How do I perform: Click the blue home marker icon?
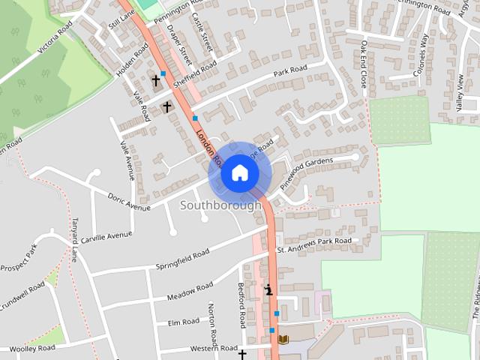[239, 173]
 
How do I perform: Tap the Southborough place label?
[221, 205]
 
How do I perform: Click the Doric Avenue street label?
[129, 202]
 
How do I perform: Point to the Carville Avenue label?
[107, 236]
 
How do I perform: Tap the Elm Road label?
[184, 322]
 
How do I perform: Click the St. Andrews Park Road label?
[313, 244]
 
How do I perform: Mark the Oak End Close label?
[364, 64]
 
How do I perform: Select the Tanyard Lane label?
[75, 241]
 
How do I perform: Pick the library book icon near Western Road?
[283, 340]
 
